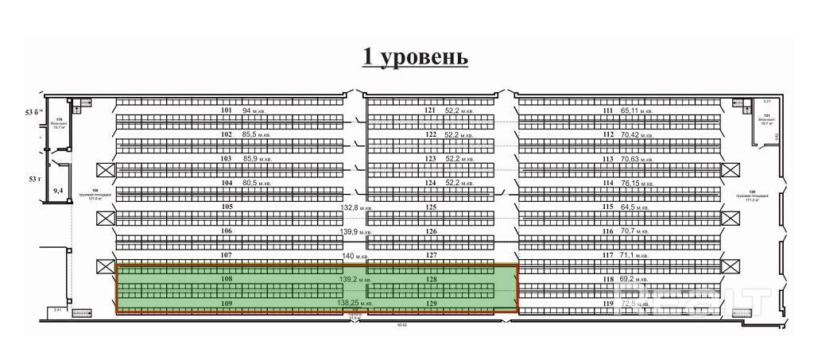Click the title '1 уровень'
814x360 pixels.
[414, 57]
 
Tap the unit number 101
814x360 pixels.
[227, 110]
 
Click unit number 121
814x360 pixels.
[431, 110]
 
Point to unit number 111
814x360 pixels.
[608, 110]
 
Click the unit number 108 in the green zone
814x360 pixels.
[227, 280]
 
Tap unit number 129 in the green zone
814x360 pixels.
[431, 304]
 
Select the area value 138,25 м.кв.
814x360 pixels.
[355, 304]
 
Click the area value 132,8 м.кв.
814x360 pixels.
[357, 207]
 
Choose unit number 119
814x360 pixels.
[608, 304]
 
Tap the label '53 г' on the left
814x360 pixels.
[34, 180]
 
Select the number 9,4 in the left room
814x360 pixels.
[57, 191]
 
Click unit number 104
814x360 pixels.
[227, 183]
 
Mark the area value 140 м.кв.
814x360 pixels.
[357, 256]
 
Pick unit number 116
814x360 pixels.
[608, 231]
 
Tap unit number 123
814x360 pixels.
[431, 159]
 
